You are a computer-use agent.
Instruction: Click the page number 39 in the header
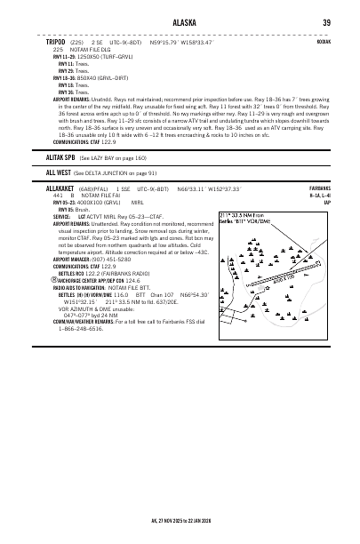tap(326, 23)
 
